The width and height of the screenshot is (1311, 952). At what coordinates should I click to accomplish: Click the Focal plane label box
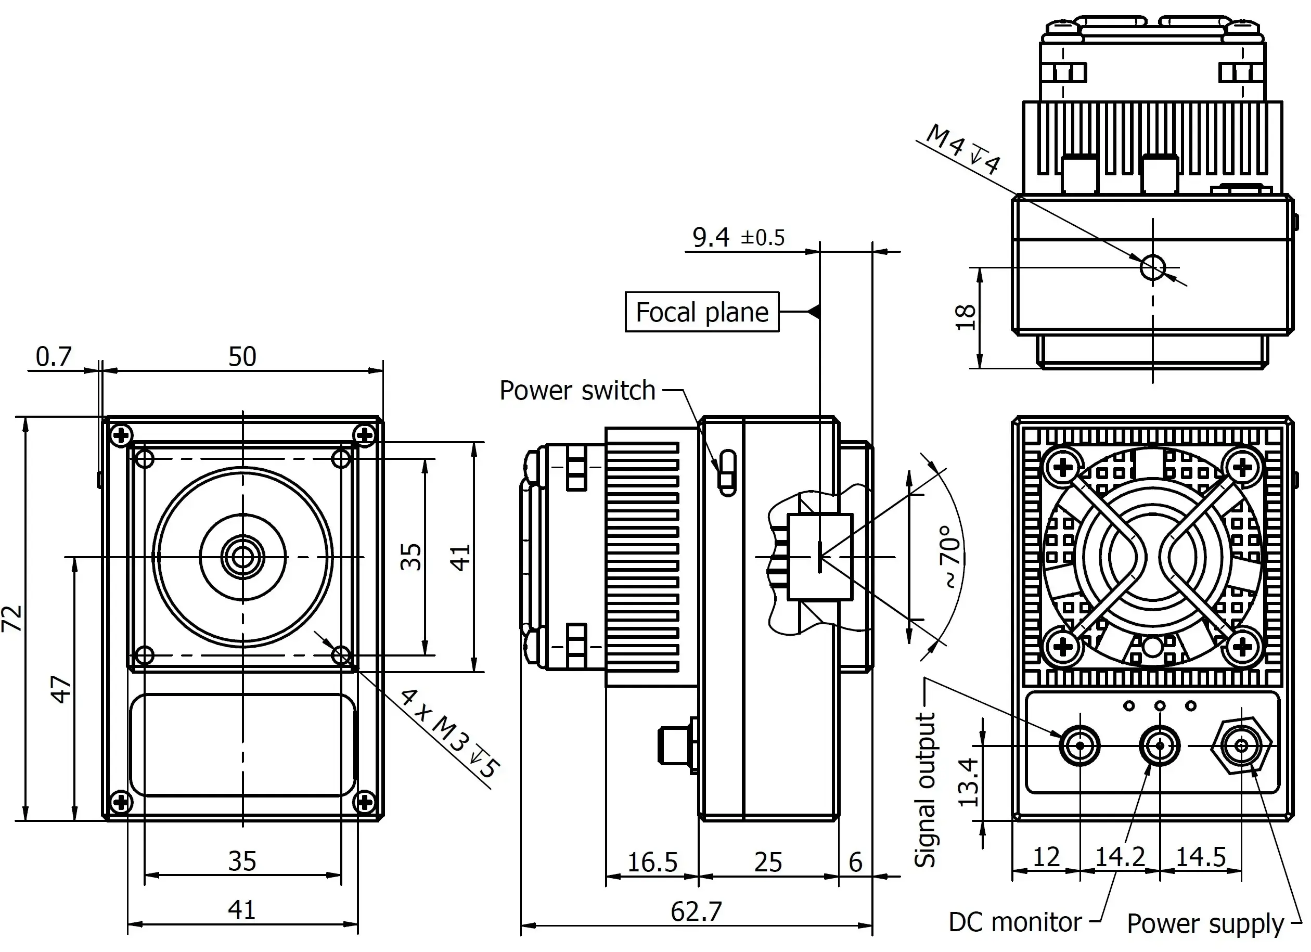click(x=702, y=312)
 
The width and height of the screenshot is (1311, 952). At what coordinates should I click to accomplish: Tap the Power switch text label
click(x=577, y=390)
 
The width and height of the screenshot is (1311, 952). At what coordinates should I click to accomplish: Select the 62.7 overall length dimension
click(x=696, y=911)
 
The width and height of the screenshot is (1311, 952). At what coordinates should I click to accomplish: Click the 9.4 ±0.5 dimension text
click(x=738, y=237)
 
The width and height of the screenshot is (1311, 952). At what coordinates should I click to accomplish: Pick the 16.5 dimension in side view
click(x=652, y=863)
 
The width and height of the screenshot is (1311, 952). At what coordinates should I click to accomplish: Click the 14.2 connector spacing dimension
click(x=1120, y=856)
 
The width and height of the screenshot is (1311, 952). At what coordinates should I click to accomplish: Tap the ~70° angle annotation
click(x=950, y=557)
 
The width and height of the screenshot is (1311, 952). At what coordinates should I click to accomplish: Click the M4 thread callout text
click(x=962, y=149)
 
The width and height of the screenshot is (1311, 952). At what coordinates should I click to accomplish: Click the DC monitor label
click(x=1015, y=922)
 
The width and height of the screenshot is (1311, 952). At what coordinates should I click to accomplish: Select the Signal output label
click(x=924, y=790)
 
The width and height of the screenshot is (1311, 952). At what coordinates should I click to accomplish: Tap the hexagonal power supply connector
click(x=1241, y=745)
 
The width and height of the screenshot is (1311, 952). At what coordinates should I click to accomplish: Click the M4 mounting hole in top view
click(x=1153, y=267)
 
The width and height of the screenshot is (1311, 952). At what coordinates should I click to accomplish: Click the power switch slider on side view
click(x=727, y=472)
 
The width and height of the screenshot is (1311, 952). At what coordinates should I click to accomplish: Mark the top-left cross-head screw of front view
click(x=121, y=435)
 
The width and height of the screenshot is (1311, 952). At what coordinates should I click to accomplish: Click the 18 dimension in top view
click(x=966, y=317)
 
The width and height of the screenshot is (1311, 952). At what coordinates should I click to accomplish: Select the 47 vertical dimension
click(x=61, y=688)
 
